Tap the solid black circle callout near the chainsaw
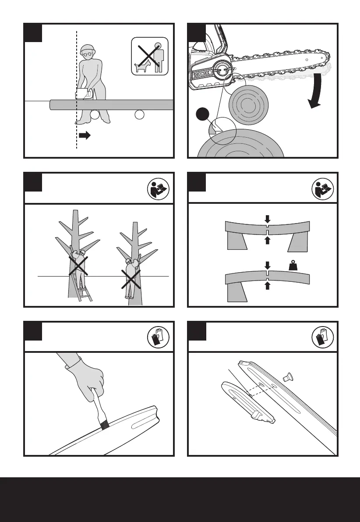coord(202,115)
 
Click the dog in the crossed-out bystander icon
coord(143,67)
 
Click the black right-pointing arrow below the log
coord(85,135)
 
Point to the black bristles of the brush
coord(104,425)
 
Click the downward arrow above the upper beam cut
coord(268,217)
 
